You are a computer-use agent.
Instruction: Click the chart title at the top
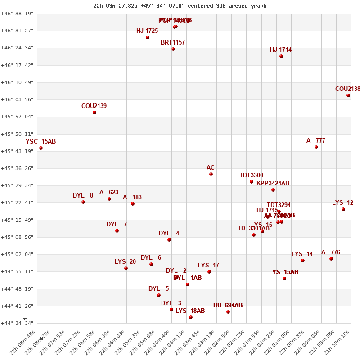click(x=180, y=6)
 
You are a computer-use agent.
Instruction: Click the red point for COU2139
click(x=94, y=112)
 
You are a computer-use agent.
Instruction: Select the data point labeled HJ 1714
click(x=281, y=56)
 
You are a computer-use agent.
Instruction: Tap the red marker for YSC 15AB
click(x=41, y=148)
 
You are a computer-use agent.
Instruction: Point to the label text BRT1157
click(x=173, y=43)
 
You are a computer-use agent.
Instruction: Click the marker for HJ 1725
click(x=148, y=37)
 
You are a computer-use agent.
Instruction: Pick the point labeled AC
click(x=211, y=174)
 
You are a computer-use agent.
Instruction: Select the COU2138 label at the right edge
click(x=347, y=89)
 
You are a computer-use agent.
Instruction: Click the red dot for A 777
click(x=316, y=147)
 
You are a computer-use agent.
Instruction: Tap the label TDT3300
click(x=251, y=175)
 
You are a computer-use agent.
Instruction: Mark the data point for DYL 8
click(x=83, y=202)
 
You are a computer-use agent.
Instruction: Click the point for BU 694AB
click(x=228, y=312)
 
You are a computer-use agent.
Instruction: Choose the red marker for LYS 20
click(x=126, y=268)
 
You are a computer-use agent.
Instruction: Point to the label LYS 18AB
click(x=190, y=311)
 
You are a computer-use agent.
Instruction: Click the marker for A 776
click(x=331, y=259)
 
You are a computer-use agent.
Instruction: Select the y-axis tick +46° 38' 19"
click(x=17, y=13)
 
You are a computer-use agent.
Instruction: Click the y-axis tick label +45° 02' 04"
click(x=17, y=254)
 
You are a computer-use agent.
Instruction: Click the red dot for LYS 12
click(x=343, y=209)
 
